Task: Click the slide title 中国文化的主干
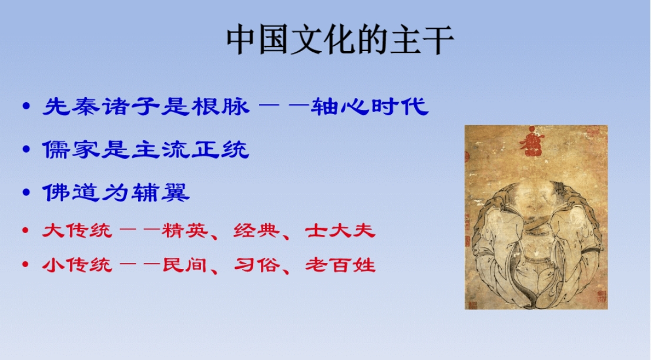click(x=340, y=40)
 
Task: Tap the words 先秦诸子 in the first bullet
click(x=101, y=106)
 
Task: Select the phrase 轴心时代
click(x=370, y=106)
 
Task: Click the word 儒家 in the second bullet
click(x=72, y=150)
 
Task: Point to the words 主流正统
click(x=190, y=150)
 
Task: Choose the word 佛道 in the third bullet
click(x=72, y=193)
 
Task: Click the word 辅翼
click(x=160, y=193)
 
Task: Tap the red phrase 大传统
click(x=77, y=230)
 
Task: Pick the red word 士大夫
click(x=340, y=230)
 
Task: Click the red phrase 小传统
click(x=77, y=265)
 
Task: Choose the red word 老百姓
click(x=340, y=265)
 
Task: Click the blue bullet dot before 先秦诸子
click(x=26, y=106)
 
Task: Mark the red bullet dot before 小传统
click(x=26, y=264)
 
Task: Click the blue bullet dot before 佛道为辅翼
click(x=26, y=192)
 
